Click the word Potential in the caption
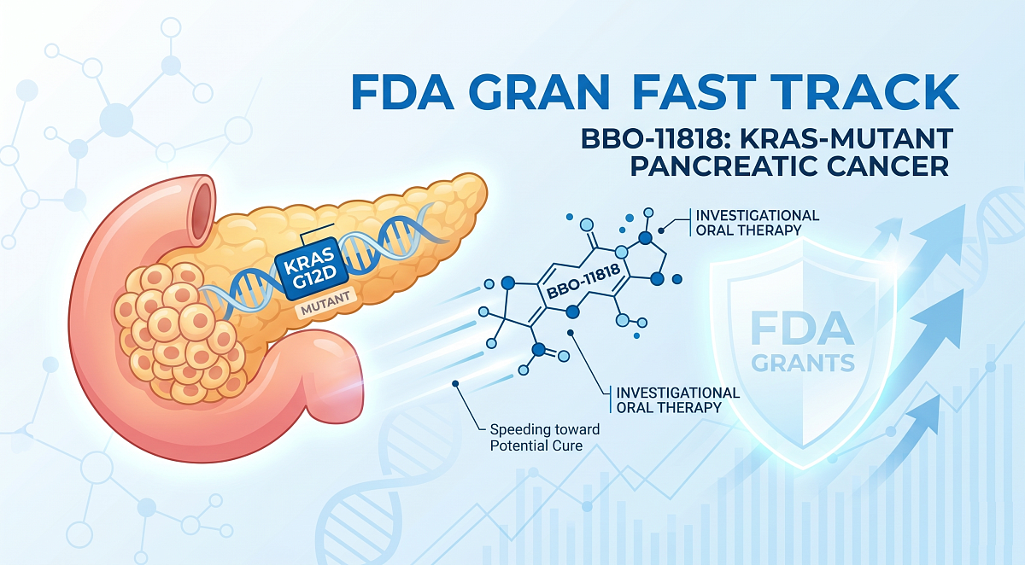click(x=520, y=446)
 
